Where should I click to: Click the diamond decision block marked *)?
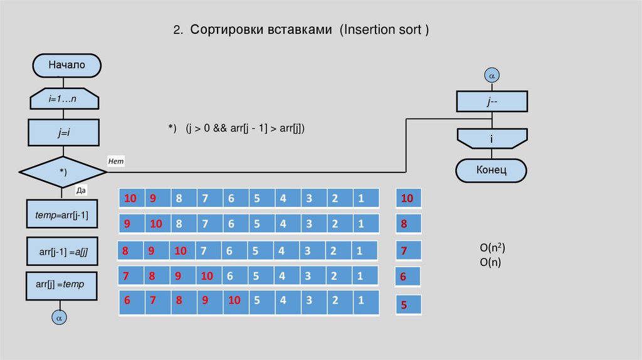pyautogui.click(x=62, y=171)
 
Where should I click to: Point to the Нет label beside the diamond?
pyautogui.click(x=117, y=162)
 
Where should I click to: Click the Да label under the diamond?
pyautogui.click(x=80, y=190)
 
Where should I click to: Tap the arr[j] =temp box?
pyautogui.click(x=61, y=285)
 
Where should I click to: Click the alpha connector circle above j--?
pyautogui.click(x=492, y=75)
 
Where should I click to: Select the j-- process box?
pyautogui.click(x=492, y=100)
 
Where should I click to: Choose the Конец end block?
pyautogui.click(x=492, y=170)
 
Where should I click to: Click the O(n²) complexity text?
pyautogui.click(x=490, y=248)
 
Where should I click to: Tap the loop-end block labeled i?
pyautogui.click(x=492, y=138)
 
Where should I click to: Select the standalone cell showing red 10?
pyautogui.click(x=408, y=199)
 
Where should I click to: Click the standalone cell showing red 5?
pyautogui.click(x=405, y=305)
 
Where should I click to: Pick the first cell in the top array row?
pyautogui.click(x=131, y=199)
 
